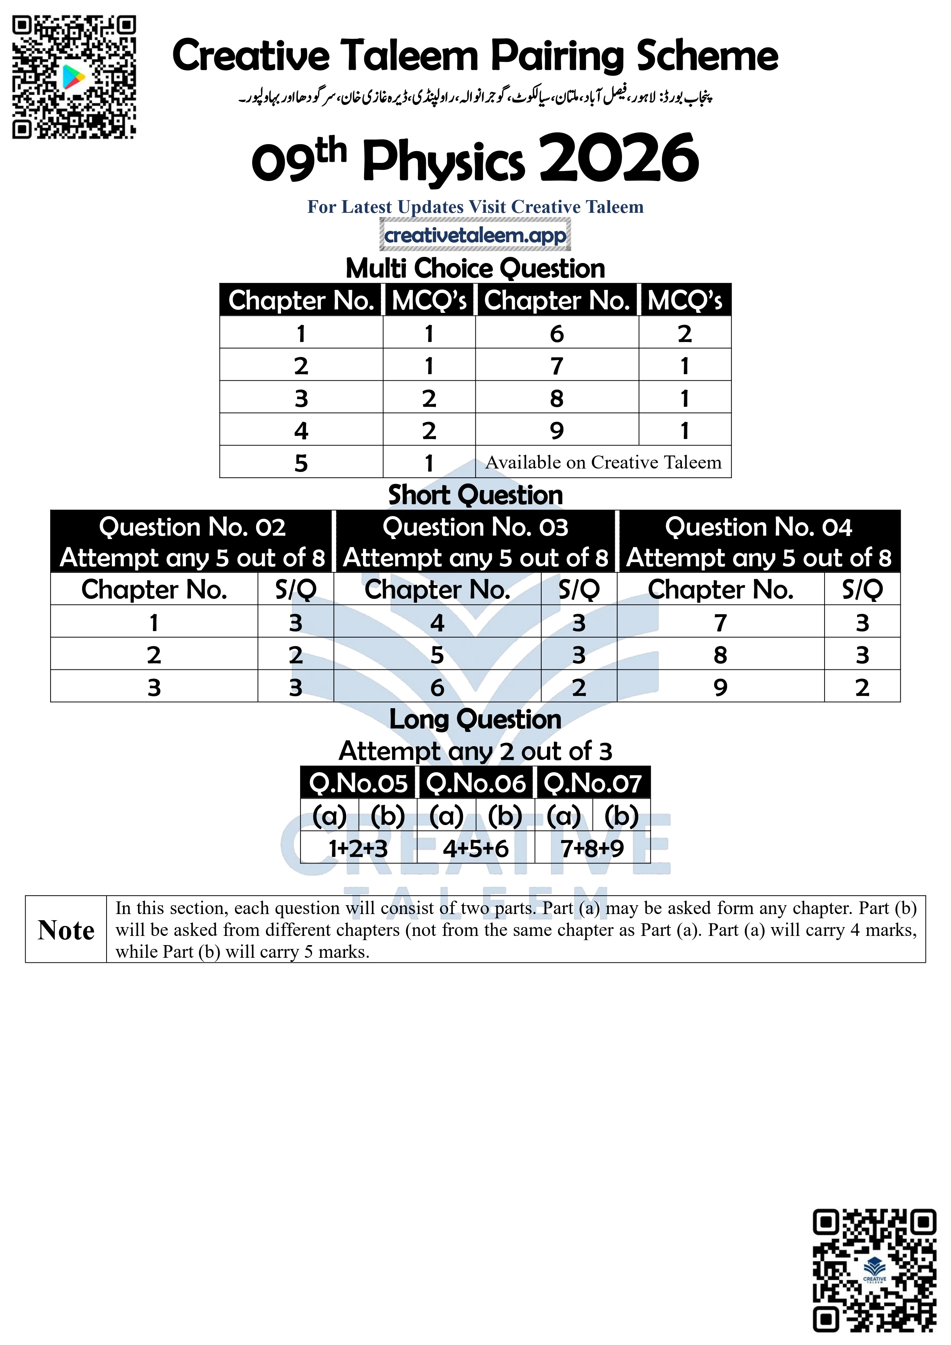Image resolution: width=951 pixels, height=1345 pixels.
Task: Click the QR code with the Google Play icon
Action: coord(74,77)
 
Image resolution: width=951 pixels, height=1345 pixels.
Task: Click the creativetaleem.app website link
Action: coord(475,235)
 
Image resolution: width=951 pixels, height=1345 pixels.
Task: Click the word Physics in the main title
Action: coord(443,161)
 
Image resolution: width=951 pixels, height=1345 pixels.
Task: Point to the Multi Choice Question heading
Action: coord(475,268)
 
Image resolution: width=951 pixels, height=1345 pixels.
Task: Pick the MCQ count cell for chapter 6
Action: coord(685,333)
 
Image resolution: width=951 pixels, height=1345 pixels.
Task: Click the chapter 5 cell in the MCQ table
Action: coord(301,463)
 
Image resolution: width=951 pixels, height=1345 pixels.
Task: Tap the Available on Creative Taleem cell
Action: coord(603,462)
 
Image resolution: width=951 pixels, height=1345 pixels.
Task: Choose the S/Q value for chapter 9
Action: coord(862,687)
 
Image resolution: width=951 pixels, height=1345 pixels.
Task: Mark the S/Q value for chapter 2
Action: coord(296,654)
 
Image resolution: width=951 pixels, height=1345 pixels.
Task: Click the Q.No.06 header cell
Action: coord(475,783)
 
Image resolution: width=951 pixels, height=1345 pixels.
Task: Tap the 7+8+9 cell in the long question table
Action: coord(592,848)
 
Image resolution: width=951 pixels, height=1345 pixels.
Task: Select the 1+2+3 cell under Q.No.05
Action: coord(358,848)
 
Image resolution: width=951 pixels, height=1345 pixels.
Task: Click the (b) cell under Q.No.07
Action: coord(621,816)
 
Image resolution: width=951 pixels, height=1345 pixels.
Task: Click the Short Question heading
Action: coord(475,495)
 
